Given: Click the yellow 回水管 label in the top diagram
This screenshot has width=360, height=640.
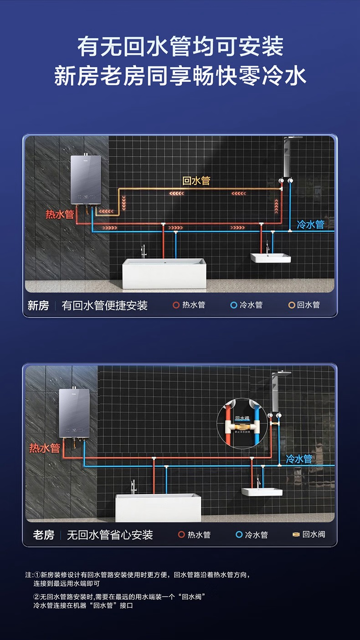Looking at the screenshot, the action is coord(196,181).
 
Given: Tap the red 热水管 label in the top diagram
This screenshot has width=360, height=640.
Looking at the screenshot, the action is coord(60,214).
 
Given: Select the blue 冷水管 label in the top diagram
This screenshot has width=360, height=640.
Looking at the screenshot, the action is coord(310,224).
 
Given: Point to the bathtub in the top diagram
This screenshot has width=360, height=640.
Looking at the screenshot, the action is coord(163,273).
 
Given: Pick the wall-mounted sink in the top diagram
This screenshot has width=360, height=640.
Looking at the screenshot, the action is coord(270,258).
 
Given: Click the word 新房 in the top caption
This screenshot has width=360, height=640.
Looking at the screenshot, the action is coord(38,305).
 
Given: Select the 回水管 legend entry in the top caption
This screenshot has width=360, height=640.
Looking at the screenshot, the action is coord(304,305).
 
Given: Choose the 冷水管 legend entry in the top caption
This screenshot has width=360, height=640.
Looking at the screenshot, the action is coord(247,305).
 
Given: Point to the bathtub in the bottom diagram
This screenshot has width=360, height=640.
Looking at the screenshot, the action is coord(158,507).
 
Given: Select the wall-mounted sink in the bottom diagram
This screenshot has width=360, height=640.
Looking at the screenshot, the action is coord(262,492).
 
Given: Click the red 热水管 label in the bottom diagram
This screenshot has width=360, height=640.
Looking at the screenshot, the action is coord(45,448).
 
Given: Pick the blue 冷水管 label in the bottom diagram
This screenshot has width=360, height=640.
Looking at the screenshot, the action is coord(299,459).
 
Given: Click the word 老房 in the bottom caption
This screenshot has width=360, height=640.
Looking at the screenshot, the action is coord(44,535).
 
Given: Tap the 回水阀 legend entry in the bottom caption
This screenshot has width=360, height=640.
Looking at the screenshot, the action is coord(309,534).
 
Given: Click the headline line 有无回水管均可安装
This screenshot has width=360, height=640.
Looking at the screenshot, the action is coord(180,47).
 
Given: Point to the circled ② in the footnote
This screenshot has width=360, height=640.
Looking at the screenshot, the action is coord(36,597).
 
